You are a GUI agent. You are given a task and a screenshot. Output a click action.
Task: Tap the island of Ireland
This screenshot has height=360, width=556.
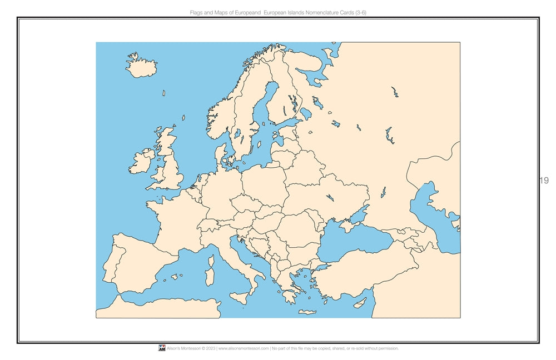click(x=141, y=162)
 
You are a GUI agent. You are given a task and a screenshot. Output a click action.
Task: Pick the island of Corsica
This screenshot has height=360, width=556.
click(x=211, y=259)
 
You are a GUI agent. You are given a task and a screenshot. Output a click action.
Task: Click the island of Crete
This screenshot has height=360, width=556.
click(x=307, y=312)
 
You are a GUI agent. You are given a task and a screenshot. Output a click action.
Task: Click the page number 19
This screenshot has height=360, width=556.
click(x=544, y=180)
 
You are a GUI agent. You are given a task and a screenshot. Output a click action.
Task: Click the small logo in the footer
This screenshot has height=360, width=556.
click(x=162, y=348)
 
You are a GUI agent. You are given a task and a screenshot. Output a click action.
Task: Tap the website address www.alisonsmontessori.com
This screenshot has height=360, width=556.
click(x=244, y=349)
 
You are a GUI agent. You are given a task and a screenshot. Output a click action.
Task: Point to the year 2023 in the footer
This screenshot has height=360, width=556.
click(x=210, y=349)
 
